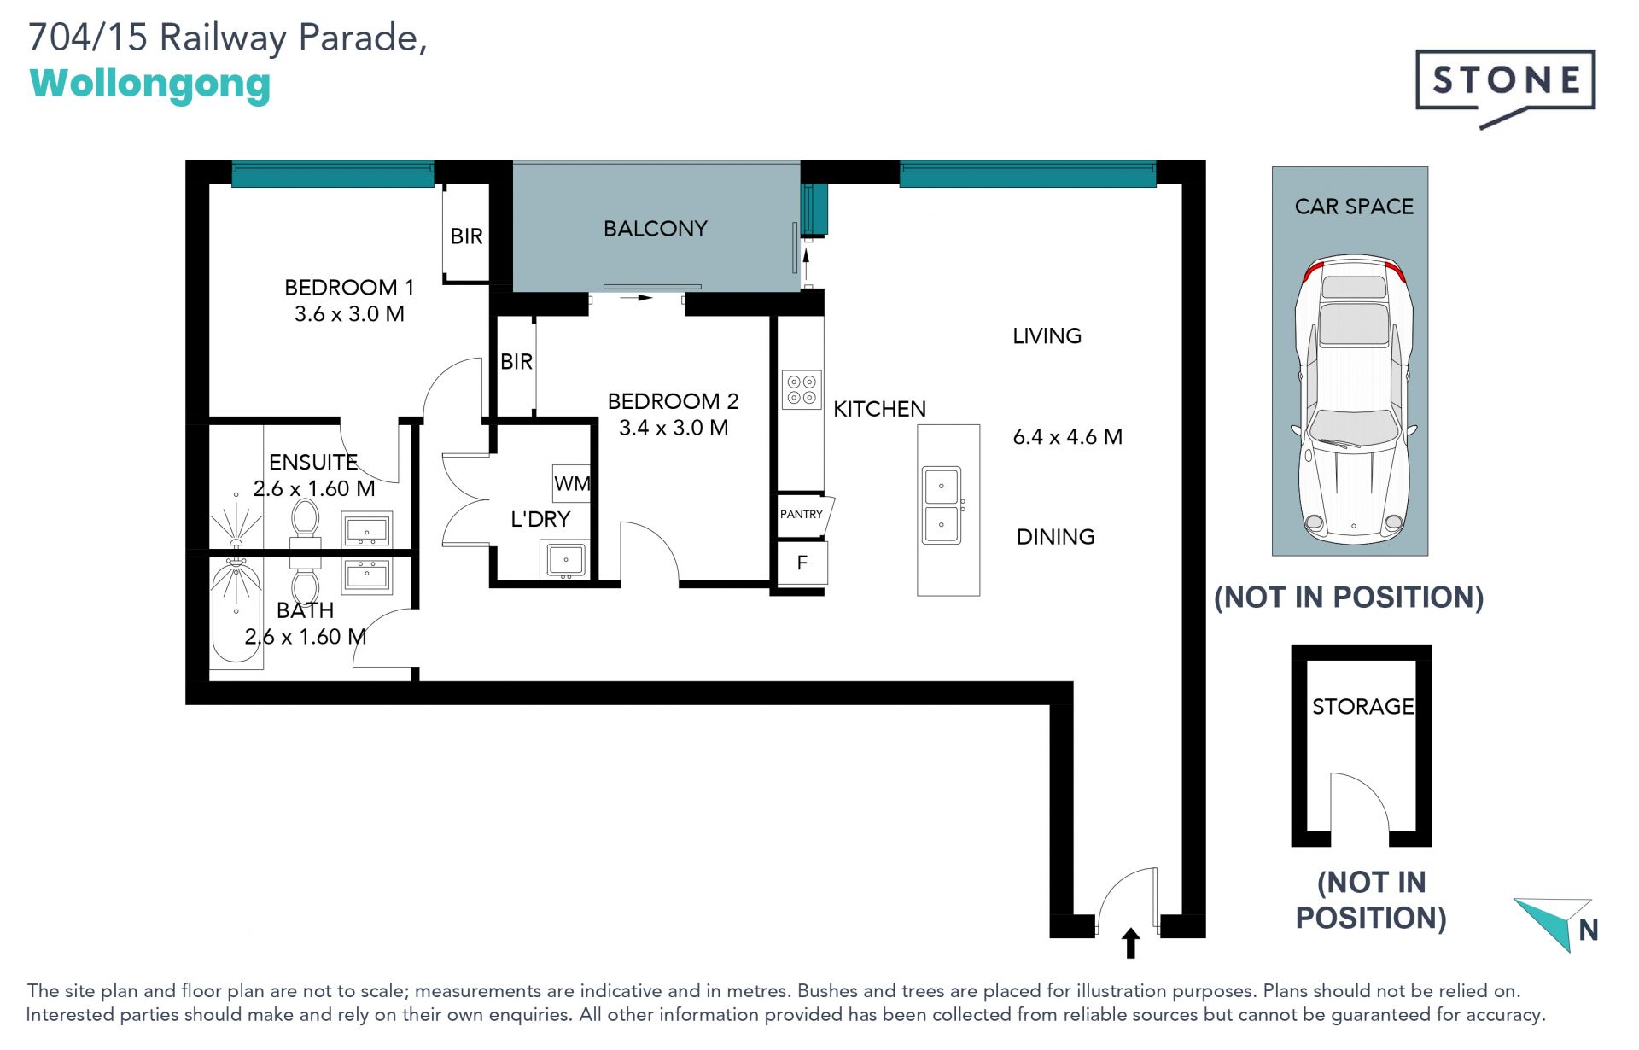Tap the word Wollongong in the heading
[150, 85]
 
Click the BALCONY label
[656, 229]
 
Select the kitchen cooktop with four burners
[802, 389]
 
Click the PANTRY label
[801, 514]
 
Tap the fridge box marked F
[802, 563]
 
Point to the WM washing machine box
[571, 484]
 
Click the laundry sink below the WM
[565, 560]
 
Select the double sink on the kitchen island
[942, 505]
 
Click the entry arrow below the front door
[1131, 942]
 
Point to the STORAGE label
[1362, 707]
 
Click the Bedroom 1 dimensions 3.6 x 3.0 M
[349, 314]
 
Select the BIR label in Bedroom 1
[466, 236]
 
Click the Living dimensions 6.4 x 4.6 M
[1067, 437]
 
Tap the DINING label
[1055, 537]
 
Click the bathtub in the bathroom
[236, 610]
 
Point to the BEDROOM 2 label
[673, 401]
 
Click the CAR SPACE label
[1354, 207]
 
